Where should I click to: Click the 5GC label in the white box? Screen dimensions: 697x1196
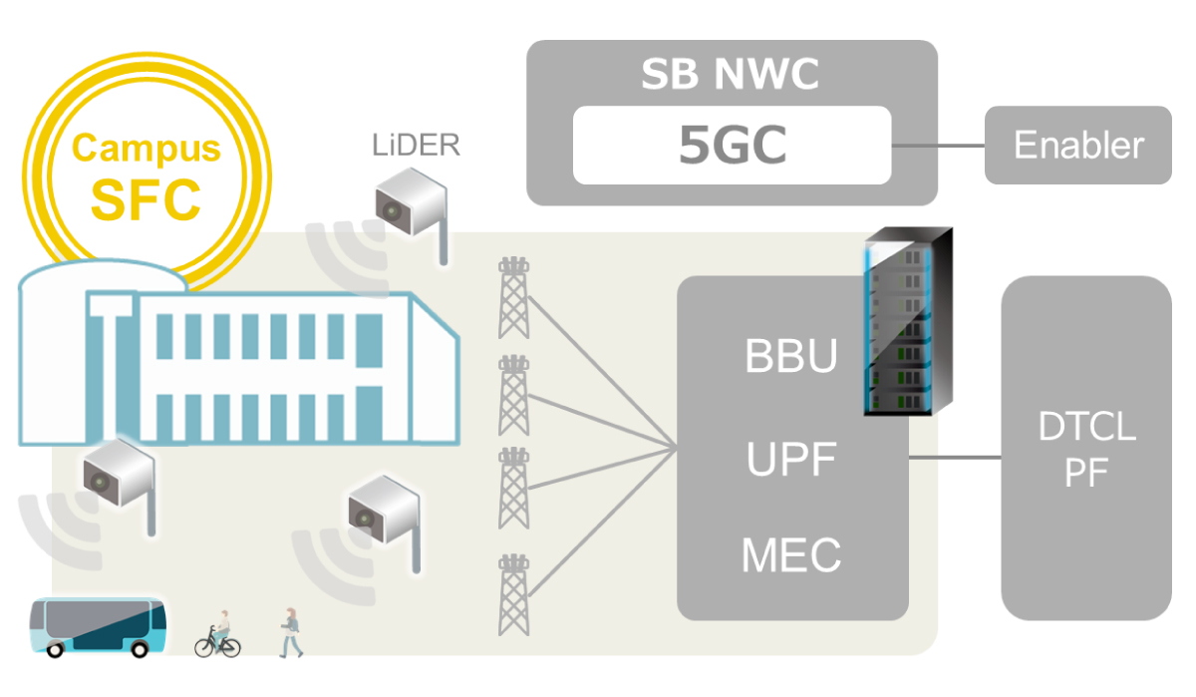pos(733,146)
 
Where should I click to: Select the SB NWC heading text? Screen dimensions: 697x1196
pos(731,74)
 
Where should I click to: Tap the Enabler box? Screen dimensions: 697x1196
pos(1078,146)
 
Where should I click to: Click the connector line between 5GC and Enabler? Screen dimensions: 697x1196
pos(938,147)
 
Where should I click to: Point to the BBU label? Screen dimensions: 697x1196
pos(791,357)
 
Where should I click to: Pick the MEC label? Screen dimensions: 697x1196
pos(791,555)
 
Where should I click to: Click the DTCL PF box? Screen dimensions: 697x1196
pos(1086,449)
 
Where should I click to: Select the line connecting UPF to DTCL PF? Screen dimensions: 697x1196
pos(955,459)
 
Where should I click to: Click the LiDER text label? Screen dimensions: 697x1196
pos(417,146)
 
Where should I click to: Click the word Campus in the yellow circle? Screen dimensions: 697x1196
pos(146,149)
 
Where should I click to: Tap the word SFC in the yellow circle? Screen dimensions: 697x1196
pos(146,199)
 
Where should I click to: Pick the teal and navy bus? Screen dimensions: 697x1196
pos(98,626)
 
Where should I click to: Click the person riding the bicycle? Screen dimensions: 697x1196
pos(218,634)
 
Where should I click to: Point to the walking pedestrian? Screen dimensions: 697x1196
pos(290,632)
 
